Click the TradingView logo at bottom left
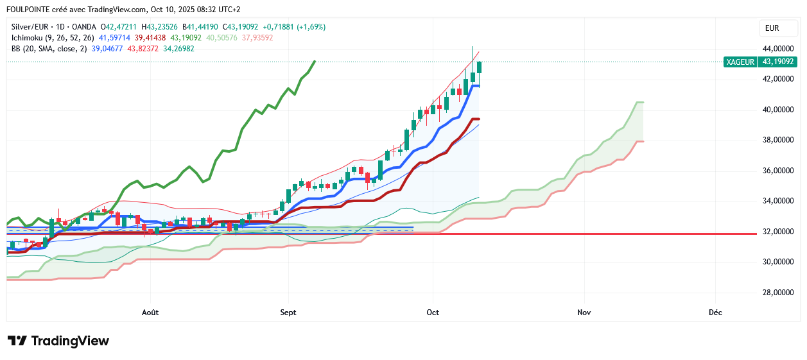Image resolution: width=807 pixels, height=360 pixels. point(58,341)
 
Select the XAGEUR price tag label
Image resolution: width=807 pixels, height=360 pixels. point(740,62)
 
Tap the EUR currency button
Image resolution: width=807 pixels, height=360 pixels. point(772,28)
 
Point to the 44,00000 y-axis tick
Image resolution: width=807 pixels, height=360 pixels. point(777,49)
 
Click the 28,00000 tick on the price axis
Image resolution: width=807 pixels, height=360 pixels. point(777,293)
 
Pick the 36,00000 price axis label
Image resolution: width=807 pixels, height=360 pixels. point(777,171)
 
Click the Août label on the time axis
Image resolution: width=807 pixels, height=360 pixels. point(150,313)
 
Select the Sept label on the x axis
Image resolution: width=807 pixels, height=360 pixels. point(288,313)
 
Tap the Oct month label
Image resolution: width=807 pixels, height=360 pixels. point(433,313)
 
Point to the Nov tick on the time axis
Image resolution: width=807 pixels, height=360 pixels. point(584,313)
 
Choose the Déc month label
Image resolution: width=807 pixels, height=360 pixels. point(715,313)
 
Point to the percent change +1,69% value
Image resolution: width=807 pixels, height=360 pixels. point(311,27)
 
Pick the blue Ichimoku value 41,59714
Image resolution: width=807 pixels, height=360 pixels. point(114,38)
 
